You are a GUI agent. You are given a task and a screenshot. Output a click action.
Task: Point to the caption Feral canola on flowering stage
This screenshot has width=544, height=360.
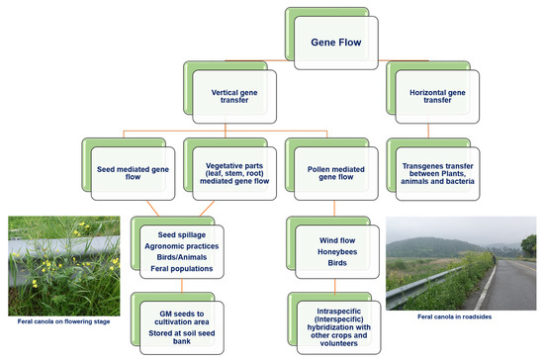58,320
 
